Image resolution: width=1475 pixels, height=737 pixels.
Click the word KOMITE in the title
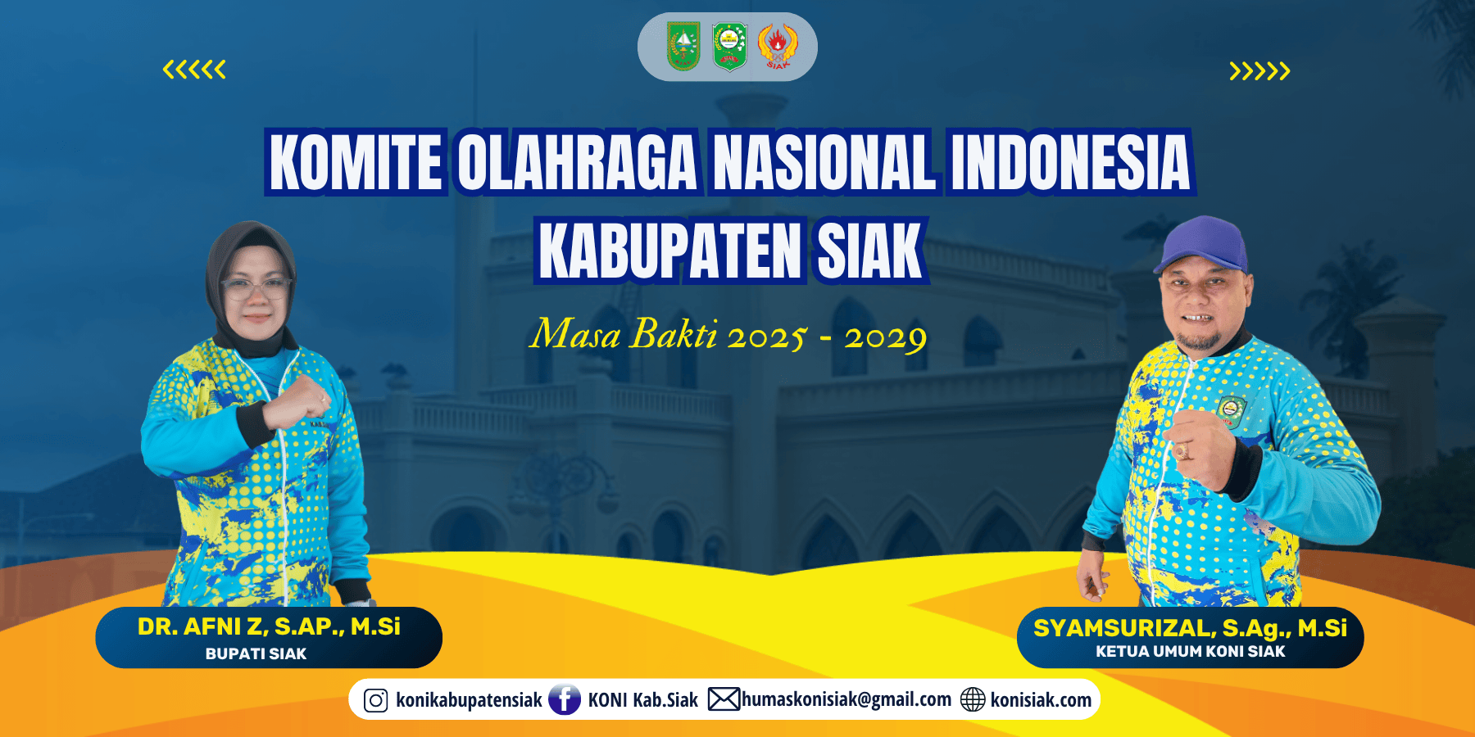[356, 162]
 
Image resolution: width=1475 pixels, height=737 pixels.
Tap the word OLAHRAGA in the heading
[577, 162]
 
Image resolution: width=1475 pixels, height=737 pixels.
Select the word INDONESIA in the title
[1070, 162]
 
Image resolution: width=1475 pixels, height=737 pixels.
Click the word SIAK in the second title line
[869, 251]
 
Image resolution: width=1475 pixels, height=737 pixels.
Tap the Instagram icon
[375, 701]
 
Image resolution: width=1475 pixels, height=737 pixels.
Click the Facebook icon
[565, 699]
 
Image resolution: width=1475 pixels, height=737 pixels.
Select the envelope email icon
[724, 699]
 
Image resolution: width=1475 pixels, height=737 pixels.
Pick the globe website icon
[973, 699]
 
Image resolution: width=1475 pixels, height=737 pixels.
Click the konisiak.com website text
[1041, 700]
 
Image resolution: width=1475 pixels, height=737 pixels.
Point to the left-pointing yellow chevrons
[194, 70]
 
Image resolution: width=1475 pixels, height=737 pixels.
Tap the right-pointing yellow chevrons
[1259, 71]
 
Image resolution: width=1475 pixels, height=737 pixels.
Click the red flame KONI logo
[778, 46]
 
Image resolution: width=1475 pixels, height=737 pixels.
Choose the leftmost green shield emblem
[683, 47]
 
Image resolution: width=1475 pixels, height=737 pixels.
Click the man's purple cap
[1201, 244]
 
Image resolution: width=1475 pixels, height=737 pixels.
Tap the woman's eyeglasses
[256, 288]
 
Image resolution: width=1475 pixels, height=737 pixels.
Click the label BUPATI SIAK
[256, 653]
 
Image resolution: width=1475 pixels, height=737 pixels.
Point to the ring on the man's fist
[1182, 450]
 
